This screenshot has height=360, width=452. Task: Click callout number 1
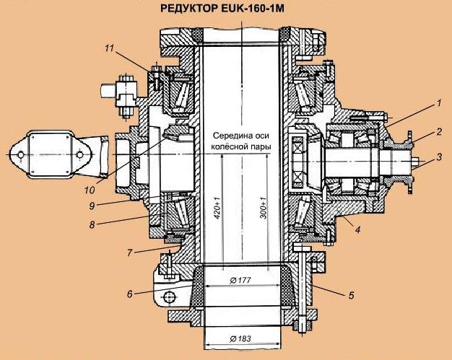[x=438, y=104]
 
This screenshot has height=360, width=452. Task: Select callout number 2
[x=438, y=133]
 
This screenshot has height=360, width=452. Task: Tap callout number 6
[x=130, y=294]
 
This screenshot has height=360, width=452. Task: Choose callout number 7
[x=130, y=253]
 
